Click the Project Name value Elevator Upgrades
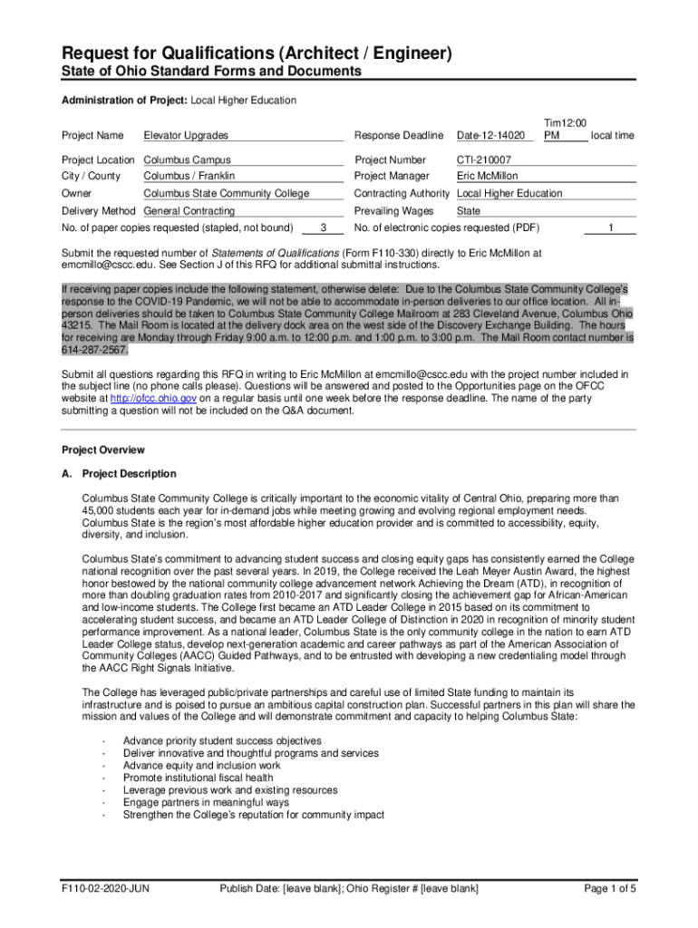186,136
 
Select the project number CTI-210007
485,160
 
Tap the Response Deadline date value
490,136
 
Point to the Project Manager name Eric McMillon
488,176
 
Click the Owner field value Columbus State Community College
227,193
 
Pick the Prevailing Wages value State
469,210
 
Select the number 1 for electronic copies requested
611,227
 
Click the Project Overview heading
102,450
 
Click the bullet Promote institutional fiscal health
198,778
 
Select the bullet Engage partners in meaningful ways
206,802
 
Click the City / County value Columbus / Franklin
189,176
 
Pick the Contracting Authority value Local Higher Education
509,193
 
